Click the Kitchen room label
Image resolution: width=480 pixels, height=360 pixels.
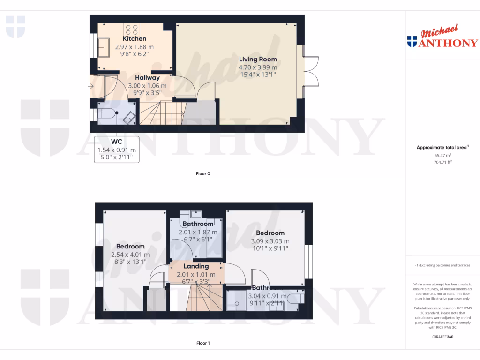pyautogui.click(x=135, y=39)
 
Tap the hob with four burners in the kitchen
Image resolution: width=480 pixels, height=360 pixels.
pyautogui.click(x=132, y=29)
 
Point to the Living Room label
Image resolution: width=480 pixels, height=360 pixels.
pyautogui.click(x=258, y=60)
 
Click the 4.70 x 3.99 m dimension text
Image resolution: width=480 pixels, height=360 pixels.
pyautogui.click(x=258, y=67)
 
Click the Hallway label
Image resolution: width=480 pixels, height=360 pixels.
pyautogui.click(x=147, y=78)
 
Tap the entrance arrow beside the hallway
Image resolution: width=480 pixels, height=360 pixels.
pyautogui.click(x=90, y=86)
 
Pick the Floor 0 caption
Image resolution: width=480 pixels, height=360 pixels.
pyautogui.click(x=202, y=174)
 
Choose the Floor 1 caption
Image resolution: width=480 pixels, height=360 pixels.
pyautogui.click(x=202, y=343)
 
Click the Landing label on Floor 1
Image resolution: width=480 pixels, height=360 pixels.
pyautogui.click(x=196, y=266)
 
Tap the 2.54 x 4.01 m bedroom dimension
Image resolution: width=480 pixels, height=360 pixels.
pyautogui.click(x=130, y=255)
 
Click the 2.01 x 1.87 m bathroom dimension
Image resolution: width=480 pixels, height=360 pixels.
pyautogui.click(x=198, y=232)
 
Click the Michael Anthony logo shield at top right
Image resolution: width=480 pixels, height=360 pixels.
pyautogui.click(x=412, y=42)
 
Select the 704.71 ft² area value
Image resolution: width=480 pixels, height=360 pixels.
pyautogui.click(x=442, y=162)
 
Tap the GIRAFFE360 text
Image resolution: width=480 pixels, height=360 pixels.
pyautogui.click(x=442, y=337)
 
